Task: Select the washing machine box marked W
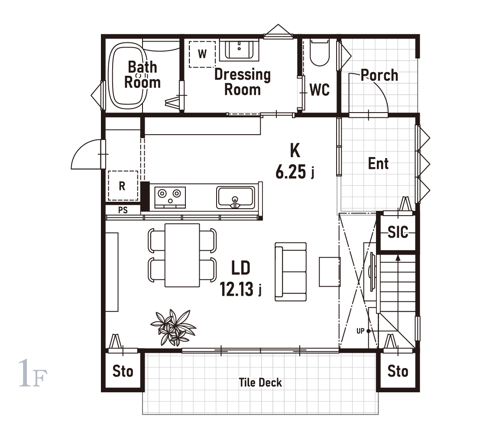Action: pos(202,54)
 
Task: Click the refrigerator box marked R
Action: pos(123,185)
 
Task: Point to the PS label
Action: pos(123,210)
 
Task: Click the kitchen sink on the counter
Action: pos(236,197)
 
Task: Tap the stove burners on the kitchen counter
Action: pos(170,197)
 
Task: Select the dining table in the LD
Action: pos(182,255)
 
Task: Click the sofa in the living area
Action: pos(291,271)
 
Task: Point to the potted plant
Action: pos(173,327)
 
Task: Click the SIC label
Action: pos(398,232)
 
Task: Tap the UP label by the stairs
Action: pos(360,331)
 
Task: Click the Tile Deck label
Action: pos(260,382)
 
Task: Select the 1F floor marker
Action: pos(32,374)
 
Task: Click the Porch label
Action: pos(379,75)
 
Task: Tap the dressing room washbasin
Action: pos(239,50)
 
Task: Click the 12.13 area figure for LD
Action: pos(237,289)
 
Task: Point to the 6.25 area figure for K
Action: pos(291,172)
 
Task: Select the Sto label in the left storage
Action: pos(123,371)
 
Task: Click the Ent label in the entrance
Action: pos(379,164)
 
